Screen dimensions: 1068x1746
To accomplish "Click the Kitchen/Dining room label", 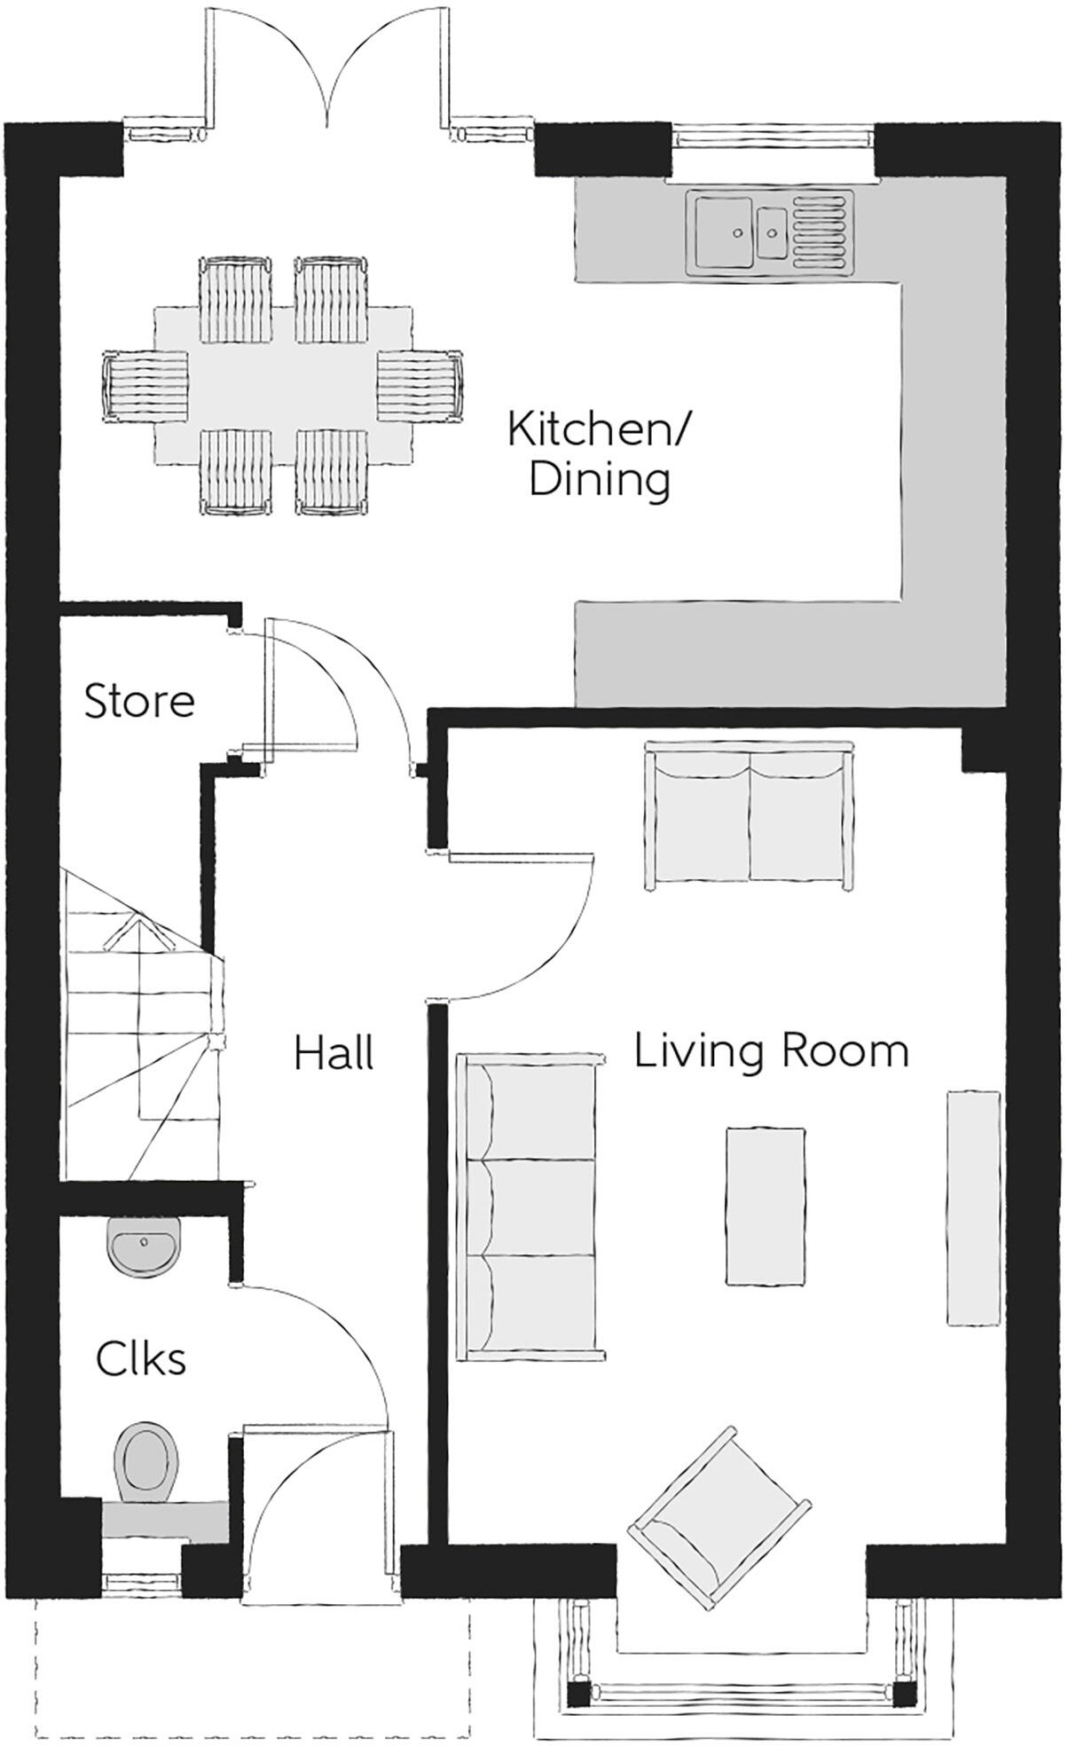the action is [x=599, y=455].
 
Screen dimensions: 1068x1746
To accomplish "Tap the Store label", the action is [x=139, y=701].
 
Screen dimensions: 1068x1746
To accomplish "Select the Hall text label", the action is [x=334, y=1053].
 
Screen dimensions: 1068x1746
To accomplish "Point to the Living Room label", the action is [x=772, y=1051].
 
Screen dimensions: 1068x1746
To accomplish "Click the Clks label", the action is [x=142, y=1359].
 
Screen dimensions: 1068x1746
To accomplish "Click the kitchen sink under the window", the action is [x=770, y=230].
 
